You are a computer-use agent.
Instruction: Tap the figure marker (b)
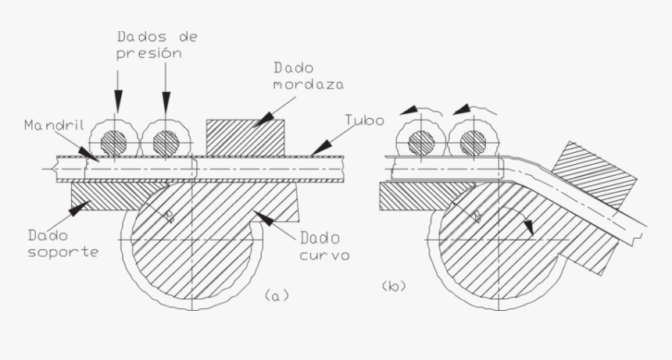point(392,287)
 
